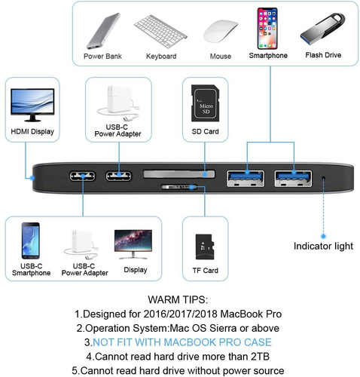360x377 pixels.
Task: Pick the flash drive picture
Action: coord(322,28)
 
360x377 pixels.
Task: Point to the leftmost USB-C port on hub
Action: coord(82,177)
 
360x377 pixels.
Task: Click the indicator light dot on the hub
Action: coord(325,177)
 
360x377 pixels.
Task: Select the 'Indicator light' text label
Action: coord(323,246)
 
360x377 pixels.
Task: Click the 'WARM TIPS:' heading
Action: coord(179,299)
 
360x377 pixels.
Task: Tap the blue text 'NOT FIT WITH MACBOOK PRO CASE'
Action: coord(179,342)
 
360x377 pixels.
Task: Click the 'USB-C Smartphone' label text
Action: coord(31,268)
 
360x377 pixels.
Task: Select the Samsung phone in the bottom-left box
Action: coord(31,241)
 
